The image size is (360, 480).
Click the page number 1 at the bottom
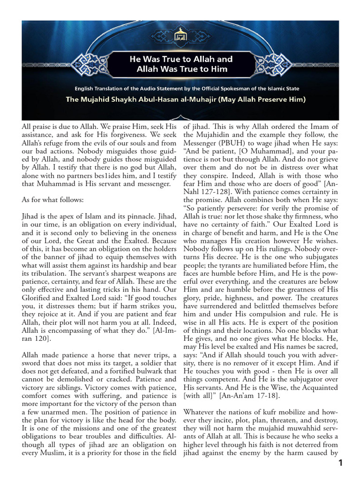pos(341,463)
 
